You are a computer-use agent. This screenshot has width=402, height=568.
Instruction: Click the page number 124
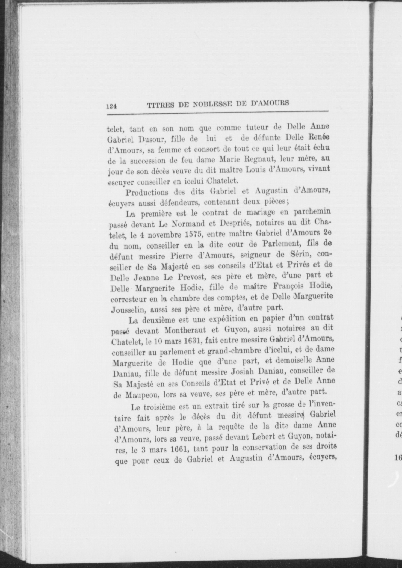tap(111, 106)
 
